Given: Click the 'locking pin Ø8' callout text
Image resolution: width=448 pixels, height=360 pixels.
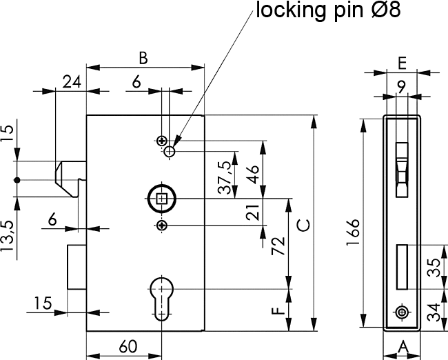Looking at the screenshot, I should [327, 10].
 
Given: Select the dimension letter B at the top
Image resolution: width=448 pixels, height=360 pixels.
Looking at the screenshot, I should [143, 58].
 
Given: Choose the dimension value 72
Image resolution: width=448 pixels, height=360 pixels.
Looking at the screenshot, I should [278, 246].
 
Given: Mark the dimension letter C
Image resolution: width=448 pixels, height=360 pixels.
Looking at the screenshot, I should [302, 226].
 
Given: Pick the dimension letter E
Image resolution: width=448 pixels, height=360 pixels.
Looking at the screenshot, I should [401, 61].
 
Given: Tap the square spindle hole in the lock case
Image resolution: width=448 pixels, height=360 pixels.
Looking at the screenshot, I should [162, 199].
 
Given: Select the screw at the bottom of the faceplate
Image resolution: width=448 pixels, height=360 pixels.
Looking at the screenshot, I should [402, 312].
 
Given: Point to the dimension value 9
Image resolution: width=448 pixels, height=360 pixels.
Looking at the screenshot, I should [401, 86].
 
